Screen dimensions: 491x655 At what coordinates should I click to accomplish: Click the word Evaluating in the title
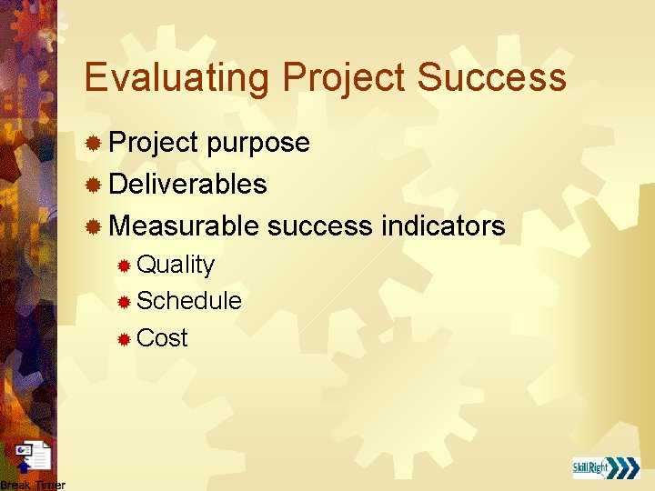177,78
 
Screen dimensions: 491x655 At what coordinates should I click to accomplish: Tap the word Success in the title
492,78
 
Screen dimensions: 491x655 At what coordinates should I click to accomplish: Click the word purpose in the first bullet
258,143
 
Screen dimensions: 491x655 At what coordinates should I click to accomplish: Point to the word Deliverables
187,185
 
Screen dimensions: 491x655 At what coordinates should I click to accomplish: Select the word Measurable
185,225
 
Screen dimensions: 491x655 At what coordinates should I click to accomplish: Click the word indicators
443,225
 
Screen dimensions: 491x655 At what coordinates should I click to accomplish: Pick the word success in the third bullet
320,225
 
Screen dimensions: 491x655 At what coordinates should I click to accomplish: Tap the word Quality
176,265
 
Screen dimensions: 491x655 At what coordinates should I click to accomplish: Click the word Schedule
189,301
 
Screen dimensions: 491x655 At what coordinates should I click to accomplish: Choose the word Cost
162,338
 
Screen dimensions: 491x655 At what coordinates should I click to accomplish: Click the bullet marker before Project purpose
94,144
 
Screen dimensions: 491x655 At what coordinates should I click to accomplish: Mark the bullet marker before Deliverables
94,185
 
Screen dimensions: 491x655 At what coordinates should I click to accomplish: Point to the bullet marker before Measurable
94,226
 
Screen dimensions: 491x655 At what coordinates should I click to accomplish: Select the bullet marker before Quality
125,266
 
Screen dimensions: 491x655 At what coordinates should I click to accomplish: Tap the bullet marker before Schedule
125,302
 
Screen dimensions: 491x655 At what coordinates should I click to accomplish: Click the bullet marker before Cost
125,339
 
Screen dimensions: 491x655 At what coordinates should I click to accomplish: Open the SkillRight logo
606,467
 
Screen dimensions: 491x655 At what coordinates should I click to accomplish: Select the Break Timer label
33,485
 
